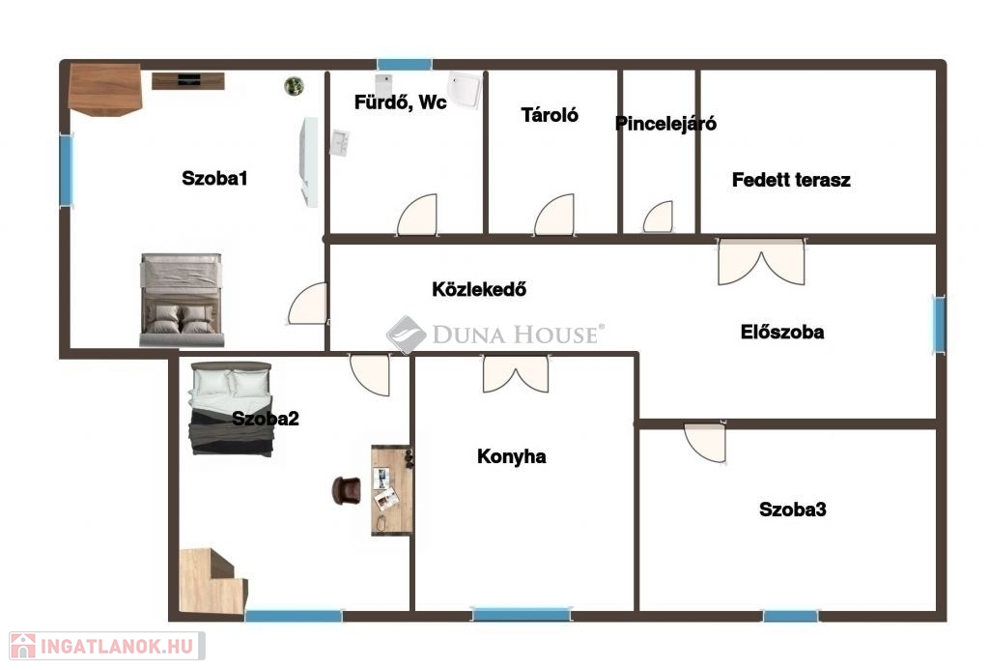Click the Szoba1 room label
(x=214, y=178)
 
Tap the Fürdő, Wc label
(x=401, y=102)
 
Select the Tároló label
(x=550, y=115)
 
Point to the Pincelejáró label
(x=665, y=124)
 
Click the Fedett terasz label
(x=791, y=180)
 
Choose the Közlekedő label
(x=479, y=289)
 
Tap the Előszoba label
(x=782, y=333)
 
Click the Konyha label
(x=512, y=456)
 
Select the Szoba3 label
(x=793, y=510)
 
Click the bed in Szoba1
(x=182, y=300)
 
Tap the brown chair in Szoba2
(x=347, y=490)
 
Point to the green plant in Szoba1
(x=294, y=86)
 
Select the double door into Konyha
(x=516, y=373)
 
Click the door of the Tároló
(x=555, y=216)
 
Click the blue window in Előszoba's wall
(x=939, y=325)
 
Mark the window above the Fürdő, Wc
(x=405, y=65)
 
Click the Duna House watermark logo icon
(x=407, y=335)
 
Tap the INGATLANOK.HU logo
(x=106, y=646)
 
